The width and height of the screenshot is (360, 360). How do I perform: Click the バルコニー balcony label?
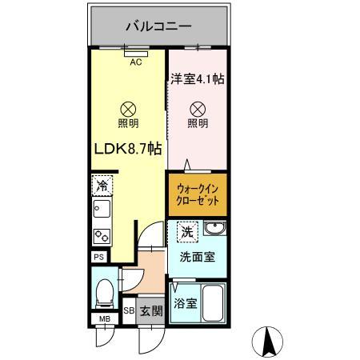click(158, 26)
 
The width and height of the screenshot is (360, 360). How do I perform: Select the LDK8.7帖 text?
click(129, 149)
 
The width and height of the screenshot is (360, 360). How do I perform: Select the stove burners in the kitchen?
click(102, 237)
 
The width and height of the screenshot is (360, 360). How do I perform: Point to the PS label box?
click(98, 258)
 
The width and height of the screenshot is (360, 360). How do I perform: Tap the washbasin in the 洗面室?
click(214, 231)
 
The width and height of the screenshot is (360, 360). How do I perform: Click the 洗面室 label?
click(197, 258)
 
